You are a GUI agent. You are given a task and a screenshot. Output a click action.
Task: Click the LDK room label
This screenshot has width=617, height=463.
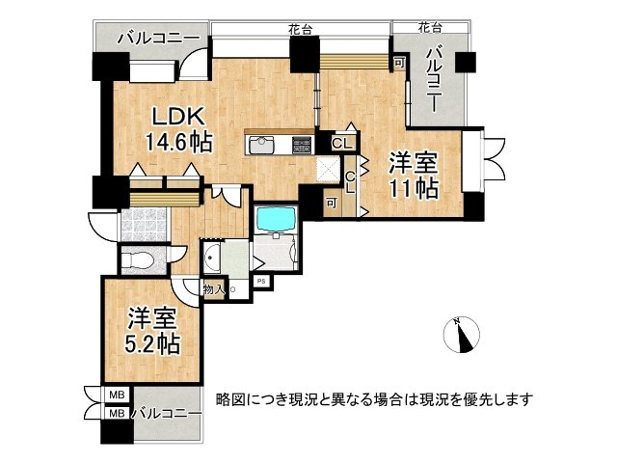point(177,118)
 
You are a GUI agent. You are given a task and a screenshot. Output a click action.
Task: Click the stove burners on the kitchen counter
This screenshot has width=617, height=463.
point(302,146)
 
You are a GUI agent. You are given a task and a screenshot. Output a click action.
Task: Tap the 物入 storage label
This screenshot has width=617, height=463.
point(212,288)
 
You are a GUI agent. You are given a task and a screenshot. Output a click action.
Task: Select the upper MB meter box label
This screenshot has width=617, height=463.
point(116,395)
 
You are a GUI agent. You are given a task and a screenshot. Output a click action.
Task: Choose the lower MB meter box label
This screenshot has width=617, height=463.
point(116,413)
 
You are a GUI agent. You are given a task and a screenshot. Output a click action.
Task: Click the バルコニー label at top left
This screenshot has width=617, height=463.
point(158,39)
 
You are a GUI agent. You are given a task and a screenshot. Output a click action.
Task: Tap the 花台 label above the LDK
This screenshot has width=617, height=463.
point(300,30)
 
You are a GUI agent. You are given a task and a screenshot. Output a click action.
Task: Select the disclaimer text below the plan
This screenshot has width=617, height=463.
point(374,397)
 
